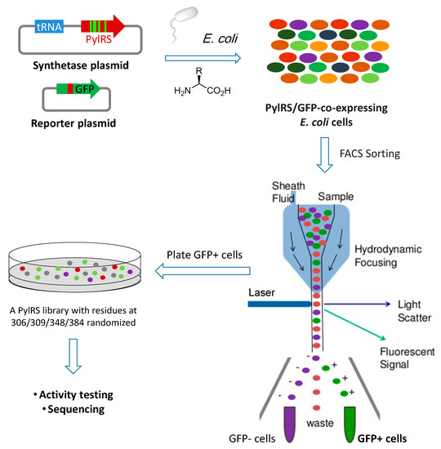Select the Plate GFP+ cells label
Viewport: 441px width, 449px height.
pyautogui.click(x=205, y=256)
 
